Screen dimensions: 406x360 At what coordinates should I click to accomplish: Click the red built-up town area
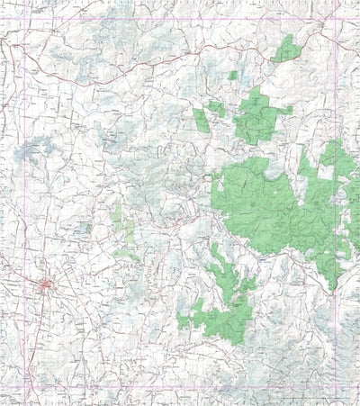[x=46, y=286]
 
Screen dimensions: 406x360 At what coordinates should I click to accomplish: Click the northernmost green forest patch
[x=286, y=49]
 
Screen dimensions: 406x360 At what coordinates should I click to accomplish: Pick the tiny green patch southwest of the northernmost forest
[x=233, y=76]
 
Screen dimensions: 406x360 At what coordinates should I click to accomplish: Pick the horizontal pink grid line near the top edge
[x=180, y=20]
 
